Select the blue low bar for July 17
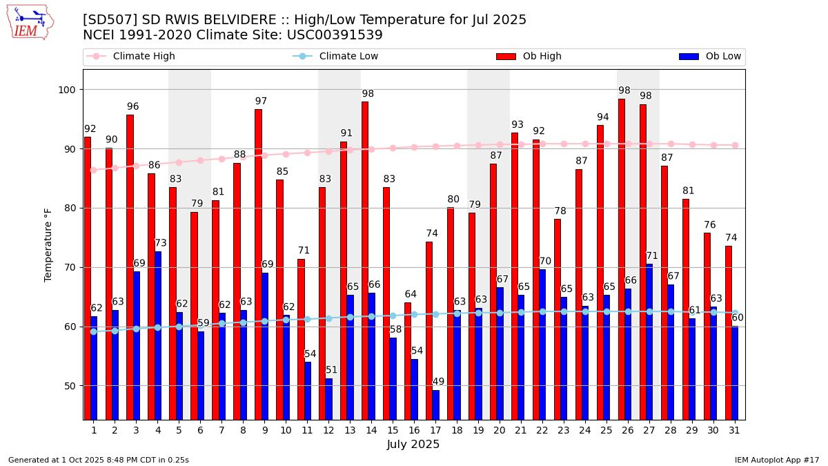pyautogui.click(x=435, y=405)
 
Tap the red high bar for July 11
pyautogui.click(x=301, y=339)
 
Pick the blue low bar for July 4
pyautogui.click(x=158, y=336)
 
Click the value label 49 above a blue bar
pyautogui.click(x=439, y=382)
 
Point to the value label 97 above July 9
pyautogui.click(x=261, y=101)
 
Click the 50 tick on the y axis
pyautogui.click(x=71, y=386)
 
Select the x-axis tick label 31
pyautogui.click(x=734, y=430)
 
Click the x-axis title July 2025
pyautogui.click(x=413, y=445)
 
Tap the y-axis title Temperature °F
pyautogui.click(x=48, y=244)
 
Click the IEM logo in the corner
pyautogui.click(x=30, y=22)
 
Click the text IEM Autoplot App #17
pyautogui.click(x=776, y=460)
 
